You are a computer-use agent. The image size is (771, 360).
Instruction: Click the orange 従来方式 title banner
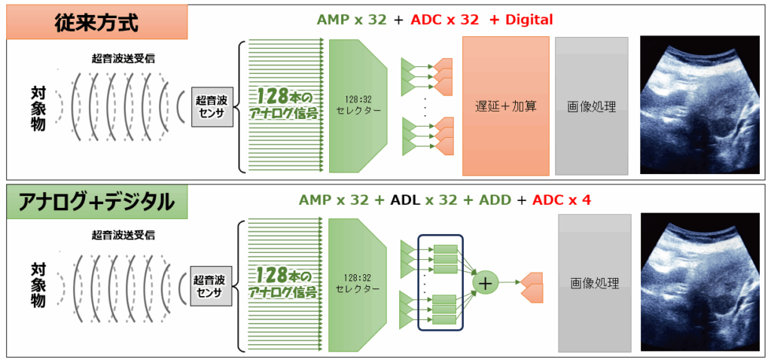click(x=96, y=22)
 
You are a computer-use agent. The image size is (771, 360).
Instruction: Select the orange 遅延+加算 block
click(x=506, y=105)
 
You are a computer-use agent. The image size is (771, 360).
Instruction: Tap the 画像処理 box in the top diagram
click(x=591, y=106)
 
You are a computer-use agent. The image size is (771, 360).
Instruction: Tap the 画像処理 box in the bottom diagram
click(x=594, y=283)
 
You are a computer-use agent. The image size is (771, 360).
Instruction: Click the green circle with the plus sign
click(x=486, y=282)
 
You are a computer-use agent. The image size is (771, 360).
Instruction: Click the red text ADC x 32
click(x=444, y=20)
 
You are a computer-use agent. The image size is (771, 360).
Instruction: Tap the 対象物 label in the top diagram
click(x=38, y=106)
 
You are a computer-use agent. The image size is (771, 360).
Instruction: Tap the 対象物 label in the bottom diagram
click(x=38, y=282)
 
